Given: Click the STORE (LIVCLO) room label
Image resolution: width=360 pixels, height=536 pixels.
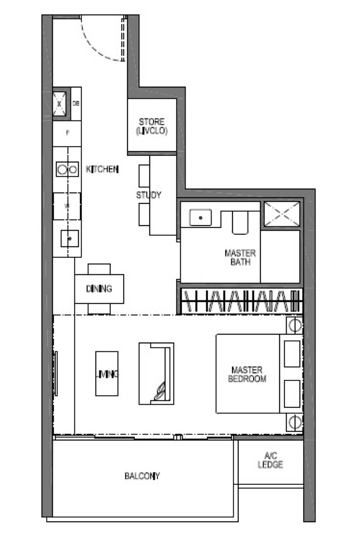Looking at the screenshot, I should click(x=152, y=126).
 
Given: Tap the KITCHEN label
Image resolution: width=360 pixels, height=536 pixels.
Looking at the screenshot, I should click(x=102, y=170).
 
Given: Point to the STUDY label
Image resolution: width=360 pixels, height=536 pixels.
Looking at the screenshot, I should click(x=148, y=195).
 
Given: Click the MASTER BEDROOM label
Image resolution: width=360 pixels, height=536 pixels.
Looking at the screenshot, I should click(x=247, y=374).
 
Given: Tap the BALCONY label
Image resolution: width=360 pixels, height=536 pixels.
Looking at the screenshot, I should click(x=142, y=476).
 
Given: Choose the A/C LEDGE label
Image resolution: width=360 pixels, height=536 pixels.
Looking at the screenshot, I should click(x=270, y=460).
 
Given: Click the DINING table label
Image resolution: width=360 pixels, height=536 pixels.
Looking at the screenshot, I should click(x=99, y=289).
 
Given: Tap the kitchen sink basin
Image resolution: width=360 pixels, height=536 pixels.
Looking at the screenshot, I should click(x=70, y=239).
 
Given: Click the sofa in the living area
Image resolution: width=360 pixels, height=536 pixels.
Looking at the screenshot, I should click(x=156, y=373).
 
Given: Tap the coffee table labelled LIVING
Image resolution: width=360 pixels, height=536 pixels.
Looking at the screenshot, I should click(x=107, y=373).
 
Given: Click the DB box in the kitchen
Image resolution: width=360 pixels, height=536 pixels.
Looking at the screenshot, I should click(x=76, y=103).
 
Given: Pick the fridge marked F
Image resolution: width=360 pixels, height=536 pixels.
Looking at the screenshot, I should click(x=67, y=134).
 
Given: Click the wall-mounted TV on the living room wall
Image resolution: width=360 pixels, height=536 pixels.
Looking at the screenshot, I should click(x=56, y=373).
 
